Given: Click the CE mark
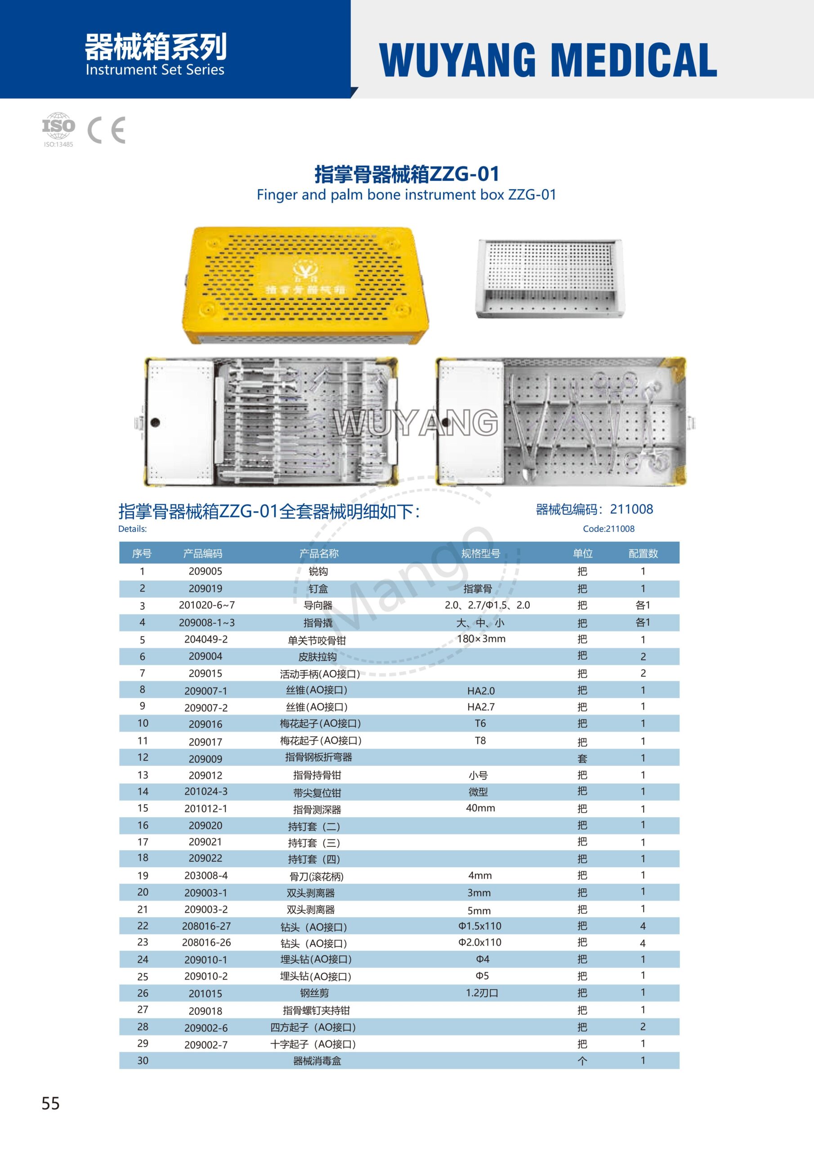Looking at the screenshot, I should click(106, 130).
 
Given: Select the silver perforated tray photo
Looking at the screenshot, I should click(550, 278).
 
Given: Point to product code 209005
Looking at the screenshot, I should click(205, 571).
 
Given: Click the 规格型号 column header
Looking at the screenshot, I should click(480, 553).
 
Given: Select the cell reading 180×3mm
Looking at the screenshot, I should click(480, 639).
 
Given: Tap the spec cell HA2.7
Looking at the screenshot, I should click(480, 706).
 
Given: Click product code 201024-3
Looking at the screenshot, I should click(205, 791).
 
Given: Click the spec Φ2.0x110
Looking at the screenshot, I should click(479, 942).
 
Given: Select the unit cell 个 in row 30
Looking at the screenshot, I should click(582, 1061).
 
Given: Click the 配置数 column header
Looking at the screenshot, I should click(643, 553).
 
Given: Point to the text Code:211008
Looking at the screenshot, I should click(608, 529).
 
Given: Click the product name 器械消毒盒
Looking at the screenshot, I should click(317, 1061).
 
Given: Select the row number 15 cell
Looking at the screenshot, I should click(143, 808).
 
